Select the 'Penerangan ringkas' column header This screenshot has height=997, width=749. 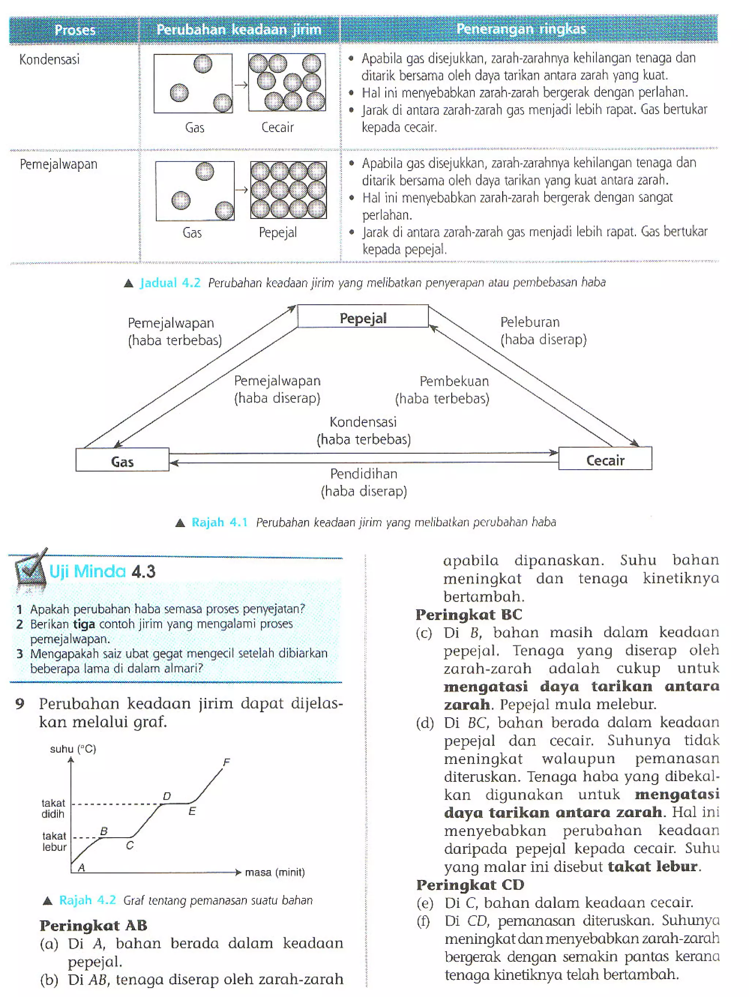521,29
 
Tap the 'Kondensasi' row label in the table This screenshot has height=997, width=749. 50,60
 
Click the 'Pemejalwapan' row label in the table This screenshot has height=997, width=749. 59,164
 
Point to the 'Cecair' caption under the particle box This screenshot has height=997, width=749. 277,128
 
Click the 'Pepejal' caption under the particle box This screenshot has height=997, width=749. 278,232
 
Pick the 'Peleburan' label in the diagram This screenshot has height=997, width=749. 530,322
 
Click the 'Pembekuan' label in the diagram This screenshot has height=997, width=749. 454,381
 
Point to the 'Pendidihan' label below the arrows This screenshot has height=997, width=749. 364,474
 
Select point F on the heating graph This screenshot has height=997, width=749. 226,762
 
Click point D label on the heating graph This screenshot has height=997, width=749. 167,796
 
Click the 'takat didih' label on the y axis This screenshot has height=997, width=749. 53,808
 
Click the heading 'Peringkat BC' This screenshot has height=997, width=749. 468,615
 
